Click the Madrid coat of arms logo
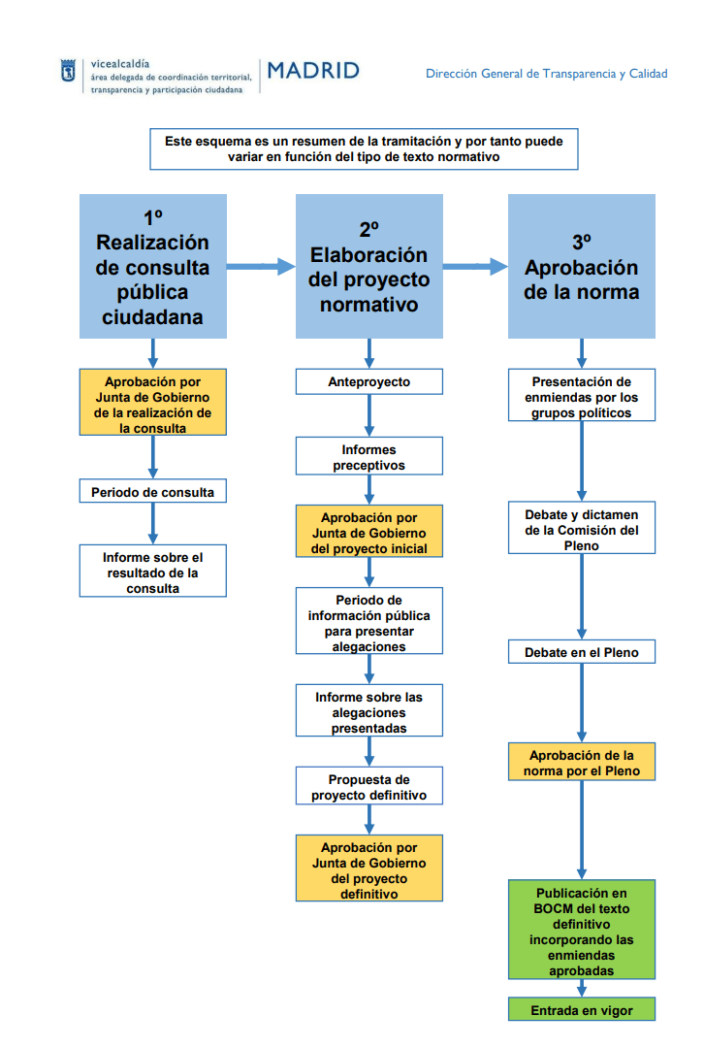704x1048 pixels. pyautogui.click(x=67, y=72)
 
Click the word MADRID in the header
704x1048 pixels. pyautogui.click(x=312, y=71)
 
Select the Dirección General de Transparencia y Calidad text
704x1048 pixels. pyautogui.click(x=546, y=74)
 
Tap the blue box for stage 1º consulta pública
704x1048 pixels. pyautogui.click(x=152, y=266)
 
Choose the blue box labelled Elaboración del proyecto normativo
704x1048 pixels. pyautogui.click(x=368, y=266)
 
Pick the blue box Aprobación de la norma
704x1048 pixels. pyautogui.click(x=582, y=266)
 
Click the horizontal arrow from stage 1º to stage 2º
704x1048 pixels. pyautogui.click(x=261, y=266)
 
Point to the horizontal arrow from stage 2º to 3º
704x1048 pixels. pyautogui.click(x=475, y=266)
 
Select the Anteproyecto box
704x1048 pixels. pyautogui.click(x=368, y=381)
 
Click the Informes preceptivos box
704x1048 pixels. pyautogui.click(x=368, y=457)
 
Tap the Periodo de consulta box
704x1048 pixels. pyautogui.click(x=152, y=492)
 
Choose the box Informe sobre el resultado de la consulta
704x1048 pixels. pyautogui.click(x=152, y=572)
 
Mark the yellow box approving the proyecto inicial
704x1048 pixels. pyautogui.click(x=368, y=532)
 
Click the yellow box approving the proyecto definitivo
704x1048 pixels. pyautogui.click(x=368, y=868)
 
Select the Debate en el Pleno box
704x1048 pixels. pyautogui.click(x=582, y=652)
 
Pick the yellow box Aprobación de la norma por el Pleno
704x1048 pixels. pyautogui.click(x=582, y=762)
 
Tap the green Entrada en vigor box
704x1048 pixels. pyautogui.click(x=582, y=1010)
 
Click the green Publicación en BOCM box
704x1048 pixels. pyautogui.click(x=582, y=931)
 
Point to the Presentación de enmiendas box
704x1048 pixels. pyautogui.click(x=582, y=397)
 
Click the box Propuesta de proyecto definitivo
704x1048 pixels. pyautogui.click(x=368, y=787)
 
